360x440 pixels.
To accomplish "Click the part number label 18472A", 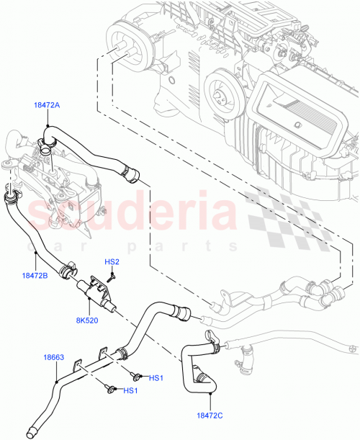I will coord(47,105).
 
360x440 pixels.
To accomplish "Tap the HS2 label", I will coord(112,261).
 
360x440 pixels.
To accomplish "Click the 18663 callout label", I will coord(55,356).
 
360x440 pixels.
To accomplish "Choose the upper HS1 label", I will coord(157,377).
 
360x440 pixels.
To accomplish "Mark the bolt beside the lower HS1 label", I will coord(110,389).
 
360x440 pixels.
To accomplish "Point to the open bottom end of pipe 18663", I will coord(31,433).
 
